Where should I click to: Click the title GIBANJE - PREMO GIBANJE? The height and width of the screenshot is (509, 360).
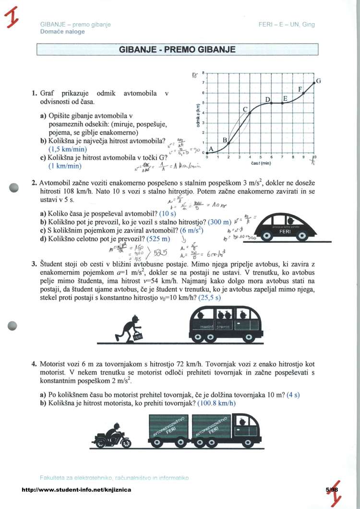click(x=177, y=49)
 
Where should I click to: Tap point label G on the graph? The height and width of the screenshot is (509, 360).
click(x=318, y=81)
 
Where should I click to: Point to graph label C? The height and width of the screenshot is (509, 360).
click(x=245, y=110)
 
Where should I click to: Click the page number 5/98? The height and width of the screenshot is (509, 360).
click(x=332, y=489)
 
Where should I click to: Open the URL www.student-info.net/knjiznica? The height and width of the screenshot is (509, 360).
click(x=76, y=489)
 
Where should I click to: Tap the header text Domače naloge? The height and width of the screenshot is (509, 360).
click(x=62, y=32)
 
